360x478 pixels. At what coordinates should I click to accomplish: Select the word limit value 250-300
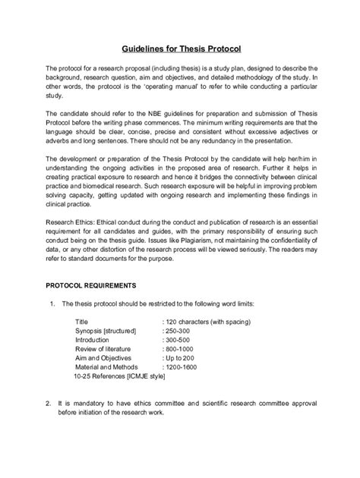[x=181, y=331]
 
